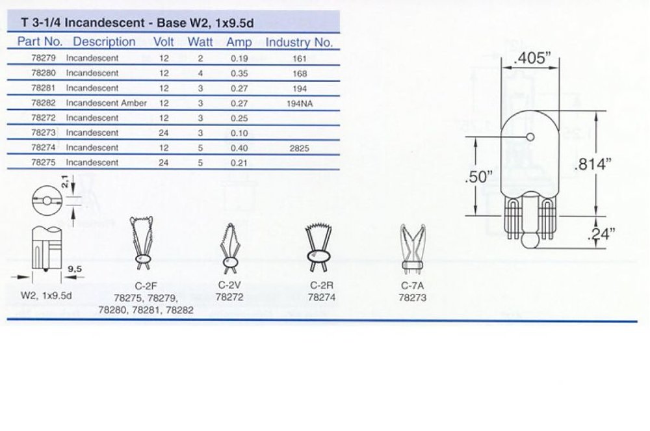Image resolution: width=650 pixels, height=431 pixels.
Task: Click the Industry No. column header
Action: (299, 42)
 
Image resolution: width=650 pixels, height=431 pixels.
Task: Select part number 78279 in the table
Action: (44, 58)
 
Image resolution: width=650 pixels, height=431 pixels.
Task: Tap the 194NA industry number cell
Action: (299, 103)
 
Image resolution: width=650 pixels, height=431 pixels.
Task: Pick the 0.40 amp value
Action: (239, 148)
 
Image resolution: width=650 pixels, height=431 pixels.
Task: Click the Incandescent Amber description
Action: (106, 103)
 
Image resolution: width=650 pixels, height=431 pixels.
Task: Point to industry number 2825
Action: (299, 148)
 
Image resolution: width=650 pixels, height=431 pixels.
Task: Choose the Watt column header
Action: (200, 42)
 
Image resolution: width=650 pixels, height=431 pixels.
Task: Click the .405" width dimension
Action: (530, 58)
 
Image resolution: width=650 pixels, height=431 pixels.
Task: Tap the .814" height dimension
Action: (593, 164)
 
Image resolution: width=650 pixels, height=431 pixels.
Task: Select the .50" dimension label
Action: (478, 177)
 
